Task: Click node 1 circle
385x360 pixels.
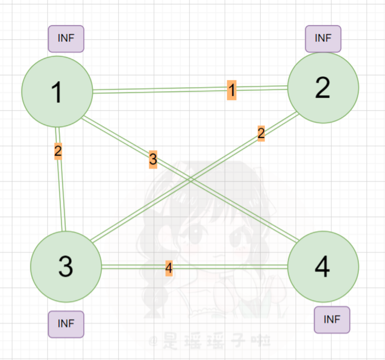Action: tap(57, 91)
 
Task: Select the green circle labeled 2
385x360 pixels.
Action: tap(323, 88)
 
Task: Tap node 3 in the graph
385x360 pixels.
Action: tap(66, 266)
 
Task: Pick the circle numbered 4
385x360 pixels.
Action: tap(323, 267)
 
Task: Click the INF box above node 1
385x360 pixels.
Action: tap(66, 39)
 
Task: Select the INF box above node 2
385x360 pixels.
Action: tap(323, 39)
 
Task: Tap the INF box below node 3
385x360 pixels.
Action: tap(66, 324)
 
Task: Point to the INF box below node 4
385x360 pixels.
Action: tap(332, 319)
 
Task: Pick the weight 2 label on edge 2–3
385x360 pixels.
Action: tap(261, 134)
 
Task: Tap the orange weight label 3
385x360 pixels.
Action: tap(153, 160)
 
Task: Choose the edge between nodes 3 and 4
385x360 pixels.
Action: tap(236, 267)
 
